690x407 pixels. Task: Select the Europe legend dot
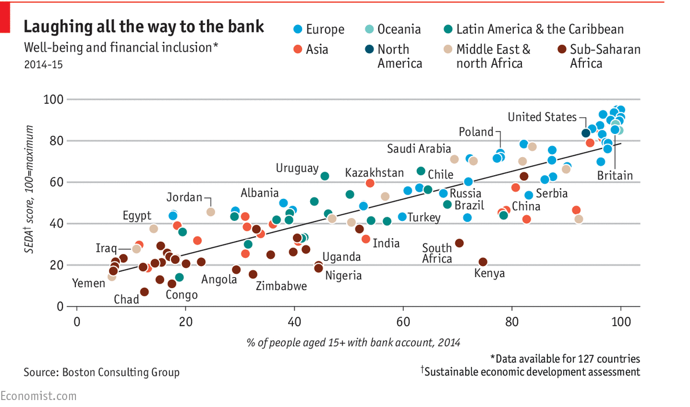(298, 29)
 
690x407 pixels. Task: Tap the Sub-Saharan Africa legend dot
(561, 49)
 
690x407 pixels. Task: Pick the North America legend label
(400, 56)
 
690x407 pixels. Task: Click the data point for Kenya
(483, 262)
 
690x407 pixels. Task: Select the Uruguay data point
(325, 176)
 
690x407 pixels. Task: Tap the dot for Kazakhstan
(370, 183)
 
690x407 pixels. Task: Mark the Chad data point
(144, 292)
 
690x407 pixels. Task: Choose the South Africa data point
(459, 243)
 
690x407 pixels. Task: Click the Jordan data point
(210, 212)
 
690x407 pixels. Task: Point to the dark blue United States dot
(586, 133)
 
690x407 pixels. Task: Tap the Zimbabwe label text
(281, 285)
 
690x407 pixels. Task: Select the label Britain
(616, 175)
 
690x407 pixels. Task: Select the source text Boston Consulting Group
(101, 372)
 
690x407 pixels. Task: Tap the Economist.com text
(38, 396)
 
